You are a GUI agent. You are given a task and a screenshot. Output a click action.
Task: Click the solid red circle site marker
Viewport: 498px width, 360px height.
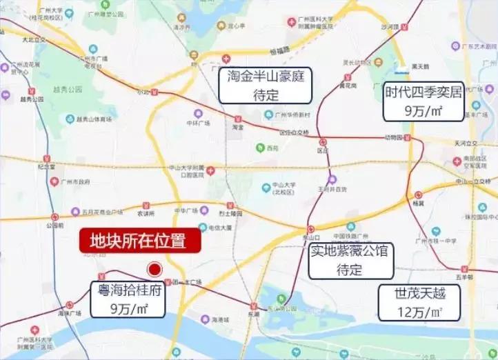155,270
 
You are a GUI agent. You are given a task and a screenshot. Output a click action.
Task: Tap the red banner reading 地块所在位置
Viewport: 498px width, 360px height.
140,241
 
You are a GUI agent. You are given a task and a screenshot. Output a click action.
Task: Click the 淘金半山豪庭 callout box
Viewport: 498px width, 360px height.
266,85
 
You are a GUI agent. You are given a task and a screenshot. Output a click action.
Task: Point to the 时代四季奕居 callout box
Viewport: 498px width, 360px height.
424,101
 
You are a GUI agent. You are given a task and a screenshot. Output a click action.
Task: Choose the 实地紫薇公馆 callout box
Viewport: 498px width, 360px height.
348,260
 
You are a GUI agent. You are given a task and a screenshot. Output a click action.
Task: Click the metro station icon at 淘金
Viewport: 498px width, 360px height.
238,119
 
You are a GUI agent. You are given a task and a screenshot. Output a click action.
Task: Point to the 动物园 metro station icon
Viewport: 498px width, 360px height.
408,138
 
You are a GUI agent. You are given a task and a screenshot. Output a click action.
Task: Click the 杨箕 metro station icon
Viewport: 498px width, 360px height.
416,194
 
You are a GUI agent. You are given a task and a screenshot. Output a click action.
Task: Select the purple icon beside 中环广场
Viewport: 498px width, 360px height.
198,114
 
